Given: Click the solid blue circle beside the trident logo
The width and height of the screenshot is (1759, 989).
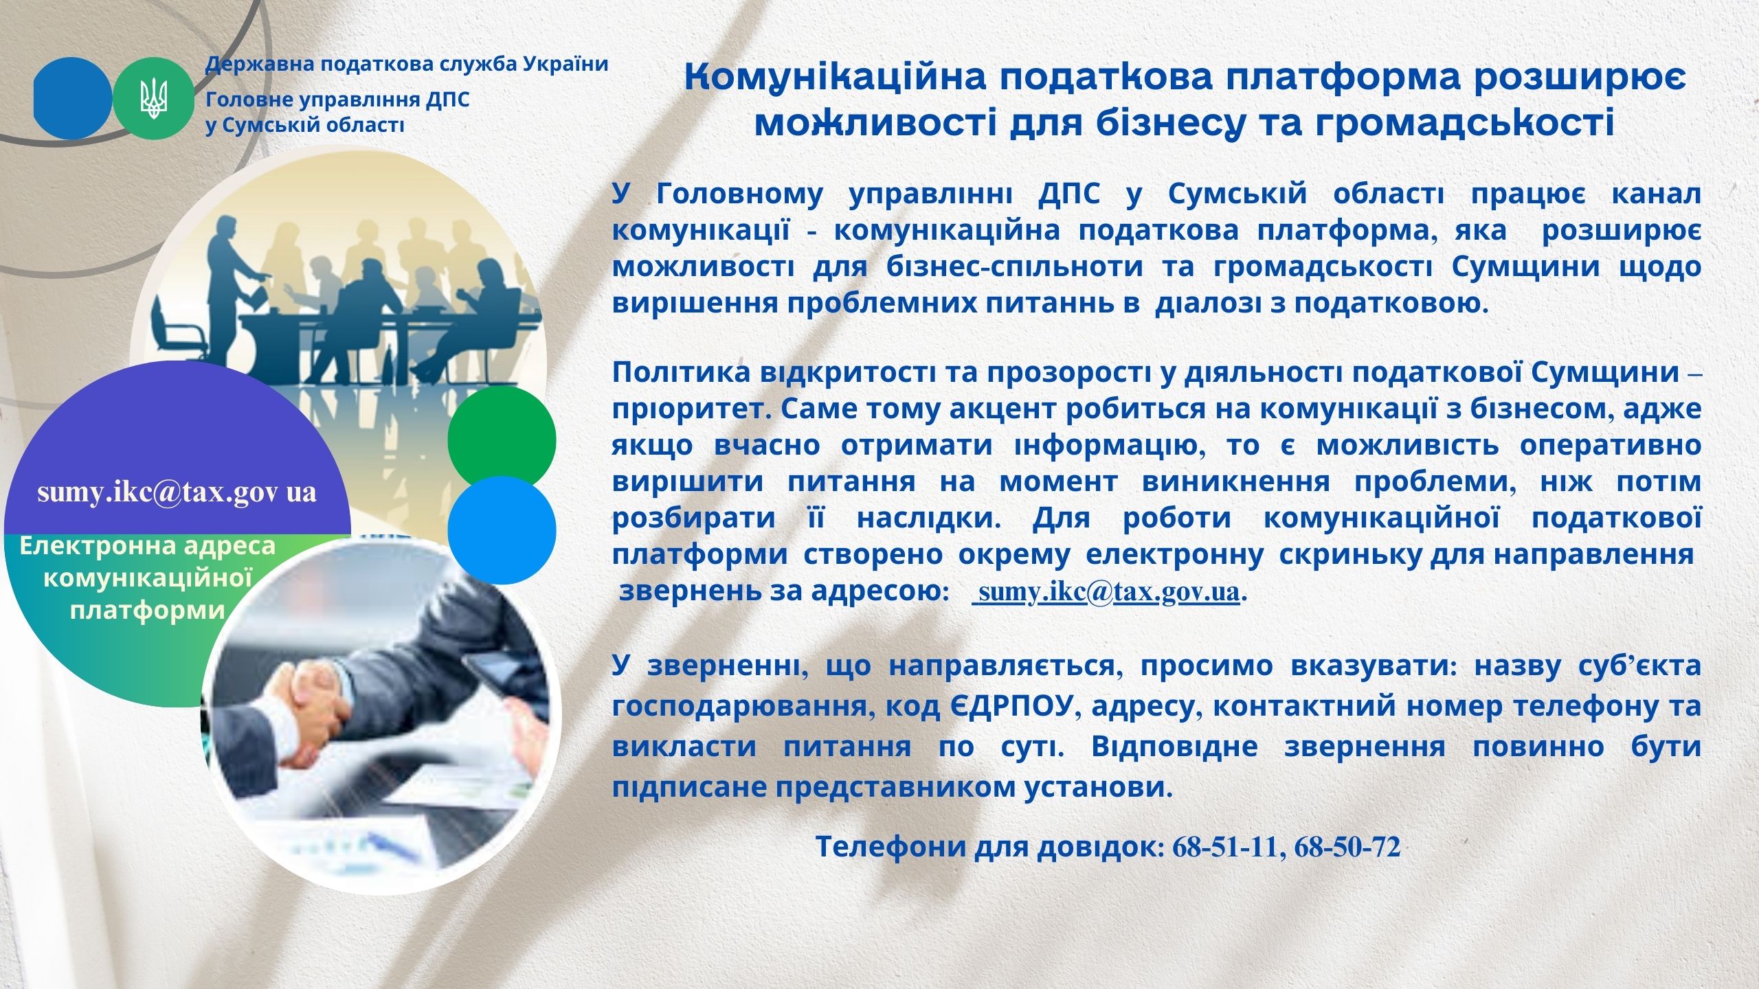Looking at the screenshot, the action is click(72, 98).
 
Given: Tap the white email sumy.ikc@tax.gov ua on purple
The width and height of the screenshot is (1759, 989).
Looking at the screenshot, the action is click(177, 493).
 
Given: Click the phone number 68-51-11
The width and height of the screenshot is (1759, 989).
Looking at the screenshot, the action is click(1224, 848).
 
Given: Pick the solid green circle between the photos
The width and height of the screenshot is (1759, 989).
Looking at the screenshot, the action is click(502, 440).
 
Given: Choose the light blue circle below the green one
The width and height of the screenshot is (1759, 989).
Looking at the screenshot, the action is click(502, 530).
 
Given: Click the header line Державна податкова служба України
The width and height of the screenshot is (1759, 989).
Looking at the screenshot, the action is click(407, 65).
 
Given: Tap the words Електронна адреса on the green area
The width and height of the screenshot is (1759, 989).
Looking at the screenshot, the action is click(148, 546).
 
